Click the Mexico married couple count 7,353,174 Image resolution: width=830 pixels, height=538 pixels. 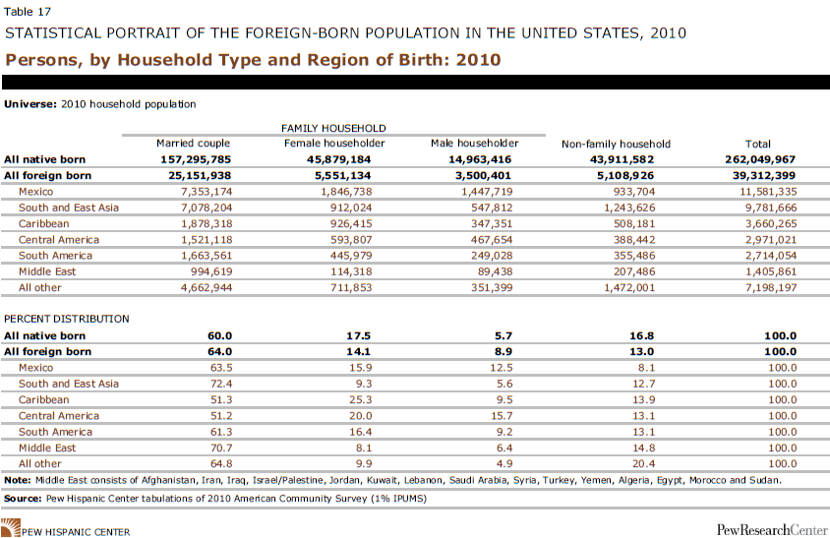tap(207, 192)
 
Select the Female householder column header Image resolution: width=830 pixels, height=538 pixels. tap(334, 143)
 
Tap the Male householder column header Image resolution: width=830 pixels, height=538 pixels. tap(474, 143)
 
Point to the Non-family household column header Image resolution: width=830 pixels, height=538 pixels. tap(616, 144)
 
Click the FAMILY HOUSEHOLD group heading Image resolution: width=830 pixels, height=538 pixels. tap(333, 128)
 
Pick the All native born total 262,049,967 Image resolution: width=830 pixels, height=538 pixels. tap(760, 159)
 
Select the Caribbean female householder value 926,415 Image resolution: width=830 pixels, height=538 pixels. tap(351, 223)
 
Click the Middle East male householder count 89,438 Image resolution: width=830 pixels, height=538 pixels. tap(492, 271)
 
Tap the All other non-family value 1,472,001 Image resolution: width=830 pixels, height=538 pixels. tap(629, 287)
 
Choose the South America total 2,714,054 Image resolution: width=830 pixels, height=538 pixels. tap(771, 256)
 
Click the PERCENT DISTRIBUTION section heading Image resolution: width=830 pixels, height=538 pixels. tap(67, 319)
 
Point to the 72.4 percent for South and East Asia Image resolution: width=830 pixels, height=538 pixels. tap(221, 384)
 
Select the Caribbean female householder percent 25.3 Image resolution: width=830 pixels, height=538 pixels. tap(361, 399)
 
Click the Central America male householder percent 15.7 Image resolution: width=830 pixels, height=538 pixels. tap(502, 416)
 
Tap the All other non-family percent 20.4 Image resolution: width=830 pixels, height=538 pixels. tap(644, 464)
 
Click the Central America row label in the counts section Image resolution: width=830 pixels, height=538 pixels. tap(59, 240)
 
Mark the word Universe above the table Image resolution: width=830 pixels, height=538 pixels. tap(30, 104)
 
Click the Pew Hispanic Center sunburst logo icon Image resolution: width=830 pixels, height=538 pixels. tap(11, 528)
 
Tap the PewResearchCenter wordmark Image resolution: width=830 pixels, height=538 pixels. tap(772, 529)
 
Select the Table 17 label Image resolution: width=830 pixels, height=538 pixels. tap(27, 12)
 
